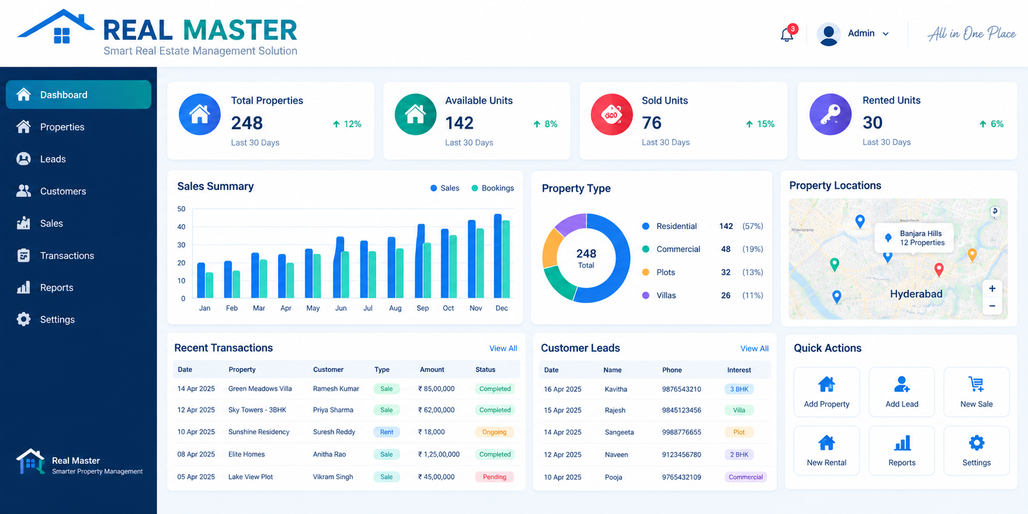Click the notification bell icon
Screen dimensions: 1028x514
click(x=786, y=35)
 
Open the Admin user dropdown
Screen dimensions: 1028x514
click(x=853, y=34)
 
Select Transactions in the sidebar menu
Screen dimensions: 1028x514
click(x=67, y=256)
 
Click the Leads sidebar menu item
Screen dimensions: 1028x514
click(x=53, y=159)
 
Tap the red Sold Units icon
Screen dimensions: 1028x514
click(x=611, y=114)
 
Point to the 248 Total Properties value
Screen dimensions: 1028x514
click(x=247, y=123)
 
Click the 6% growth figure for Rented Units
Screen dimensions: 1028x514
click(x=991, y=124)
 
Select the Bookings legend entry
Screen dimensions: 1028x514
click(x=493, y=188)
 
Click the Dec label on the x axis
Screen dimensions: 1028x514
click(x=502, y=308)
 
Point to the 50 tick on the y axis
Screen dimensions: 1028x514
click(x=181, y=209)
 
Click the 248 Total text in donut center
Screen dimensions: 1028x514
click(x=586, y=258)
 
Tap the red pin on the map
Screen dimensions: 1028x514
click(x=939, y=269)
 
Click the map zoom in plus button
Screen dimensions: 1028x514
click(x=992, y=289)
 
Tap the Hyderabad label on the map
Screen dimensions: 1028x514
click(x=916, y=294)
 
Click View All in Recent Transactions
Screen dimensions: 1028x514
click(x=503, y=348)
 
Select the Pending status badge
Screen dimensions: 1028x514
click(x=494, y=477)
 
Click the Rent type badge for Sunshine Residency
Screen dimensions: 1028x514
click(x=387, y=432)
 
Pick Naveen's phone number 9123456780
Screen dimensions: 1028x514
click(x=681, y=455)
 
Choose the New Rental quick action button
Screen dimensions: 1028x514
click(x=826, y=451)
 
